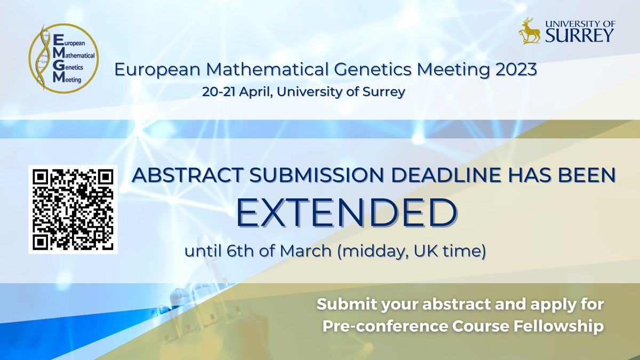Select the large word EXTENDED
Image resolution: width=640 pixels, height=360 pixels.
coord(347,213)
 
